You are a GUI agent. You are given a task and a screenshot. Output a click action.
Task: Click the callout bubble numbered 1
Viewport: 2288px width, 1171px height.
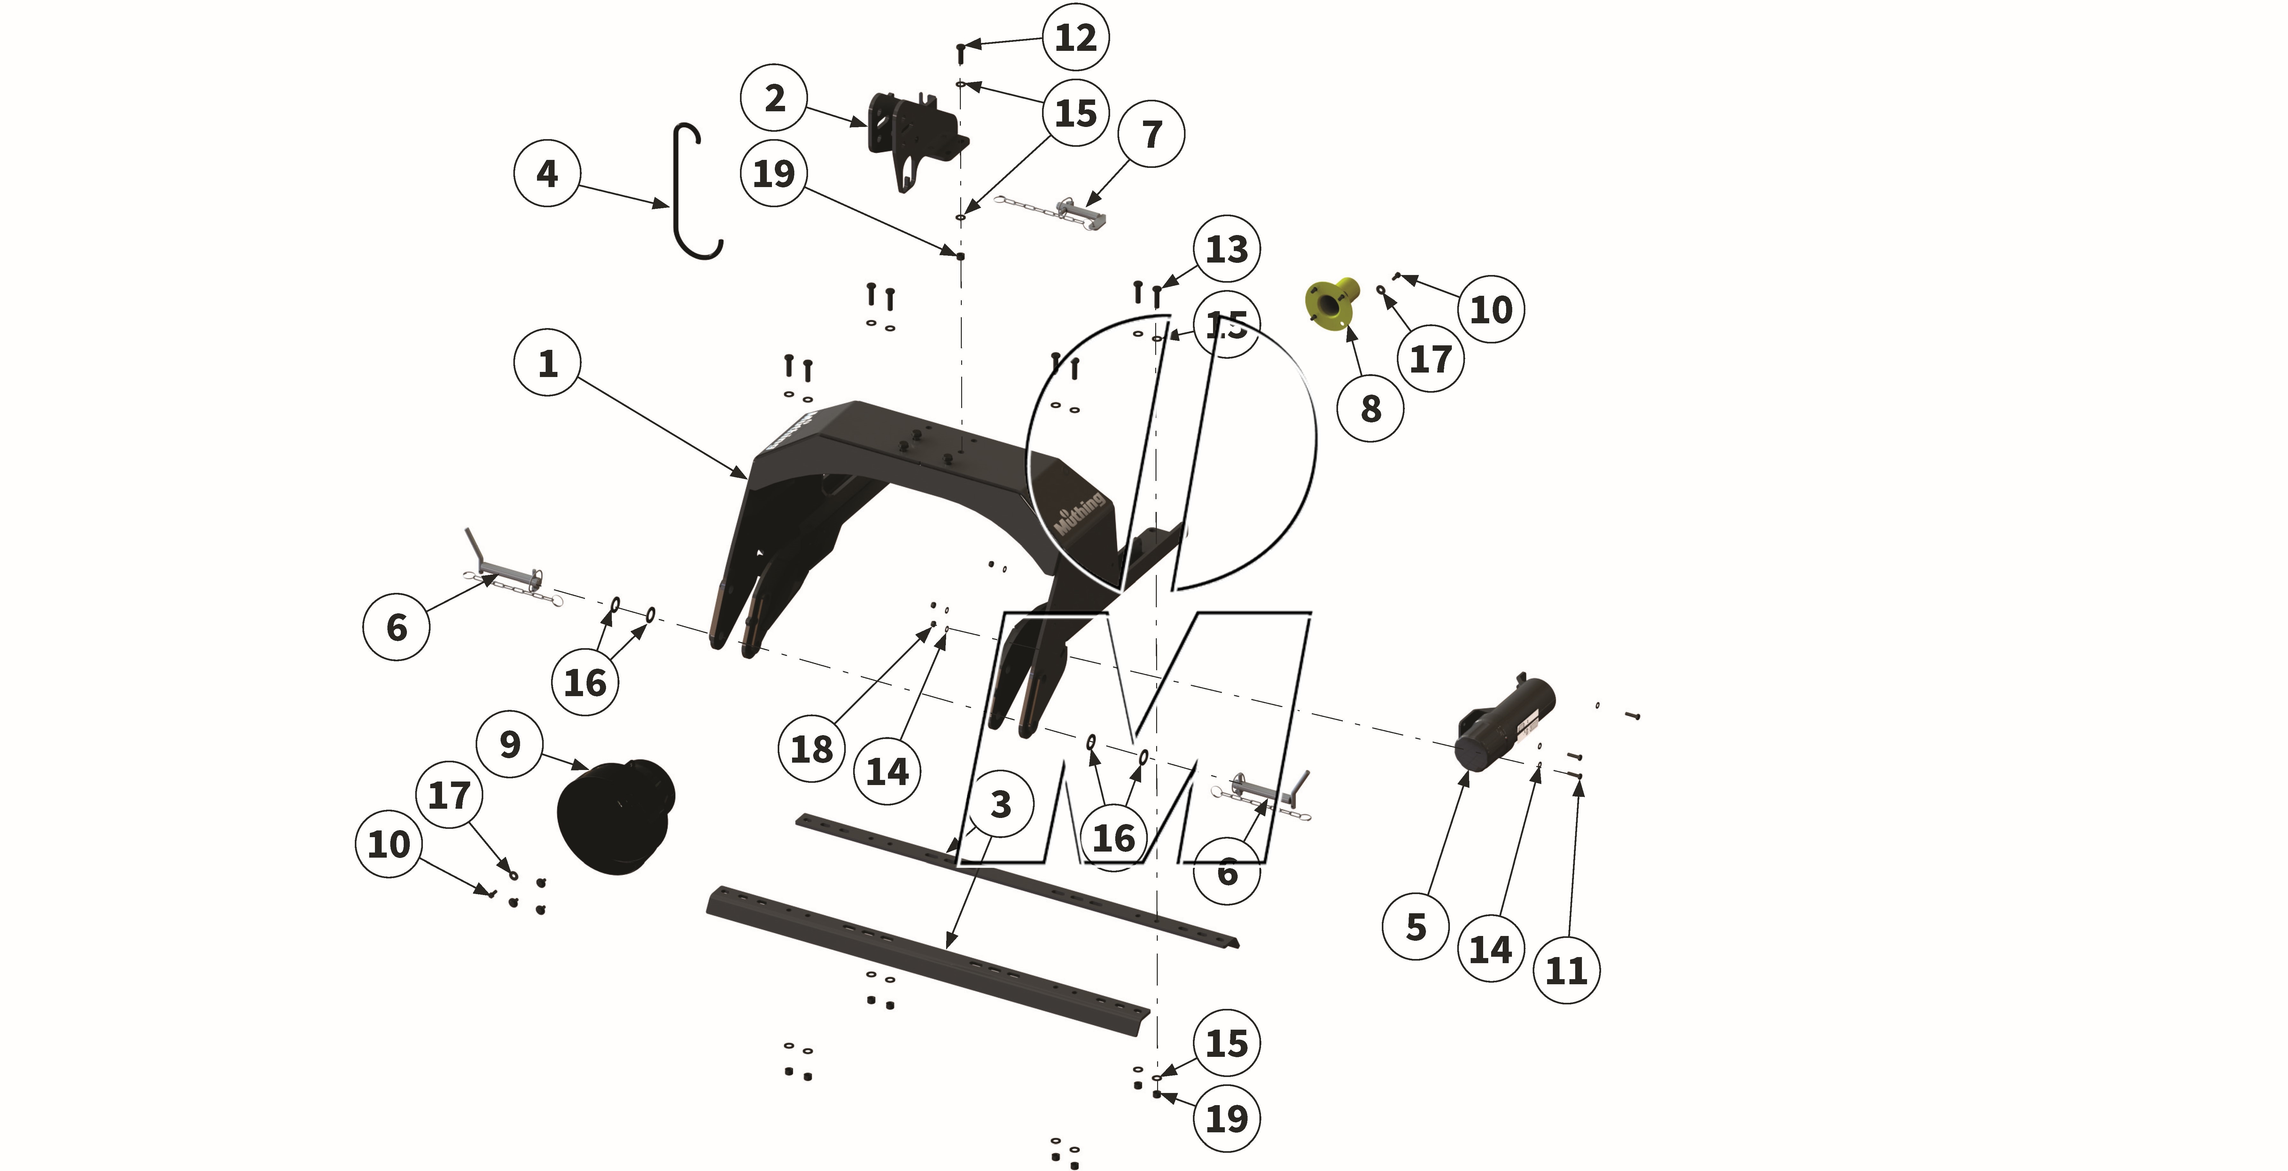click(x=547, y=363)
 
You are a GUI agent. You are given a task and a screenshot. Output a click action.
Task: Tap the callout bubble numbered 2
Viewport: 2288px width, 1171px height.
click(x=774, y=98)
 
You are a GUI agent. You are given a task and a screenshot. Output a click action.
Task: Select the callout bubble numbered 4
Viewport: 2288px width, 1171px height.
click(x=547, y=173)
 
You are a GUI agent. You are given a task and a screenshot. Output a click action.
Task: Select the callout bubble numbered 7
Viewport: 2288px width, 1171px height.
click(x=1151, y=134)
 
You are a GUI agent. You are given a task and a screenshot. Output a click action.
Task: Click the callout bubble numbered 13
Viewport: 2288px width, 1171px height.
click(x=1226, y=249)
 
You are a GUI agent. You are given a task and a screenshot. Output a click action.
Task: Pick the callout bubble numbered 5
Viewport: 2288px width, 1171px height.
click(x=1416, y=927)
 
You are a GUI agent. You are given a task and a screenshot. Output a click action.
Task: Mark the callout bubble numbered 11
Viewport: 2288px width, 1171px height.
click(x=1566, y=970)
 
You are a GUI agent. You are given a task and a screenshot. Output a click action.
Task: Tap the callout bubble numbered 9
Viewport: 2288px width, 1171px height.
click(x=509, y=744)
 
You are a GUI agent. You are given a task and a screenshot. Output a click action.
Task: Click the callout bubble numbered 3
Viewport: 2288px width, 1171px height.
click(x=1000, y=804)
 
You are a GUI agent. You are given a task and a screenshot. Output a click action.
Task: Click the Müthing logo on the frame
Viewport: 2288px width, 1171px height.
click(x=1079, y=514)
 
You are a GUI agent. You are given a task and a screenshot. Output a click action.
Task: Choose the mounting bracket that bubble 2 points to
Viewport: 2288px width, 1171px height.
click(x=915, y=138)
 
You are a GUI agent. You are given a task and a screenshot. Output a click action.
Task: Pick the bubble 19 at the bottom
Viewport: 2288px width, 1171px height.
click(x=1226, y=1119)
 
